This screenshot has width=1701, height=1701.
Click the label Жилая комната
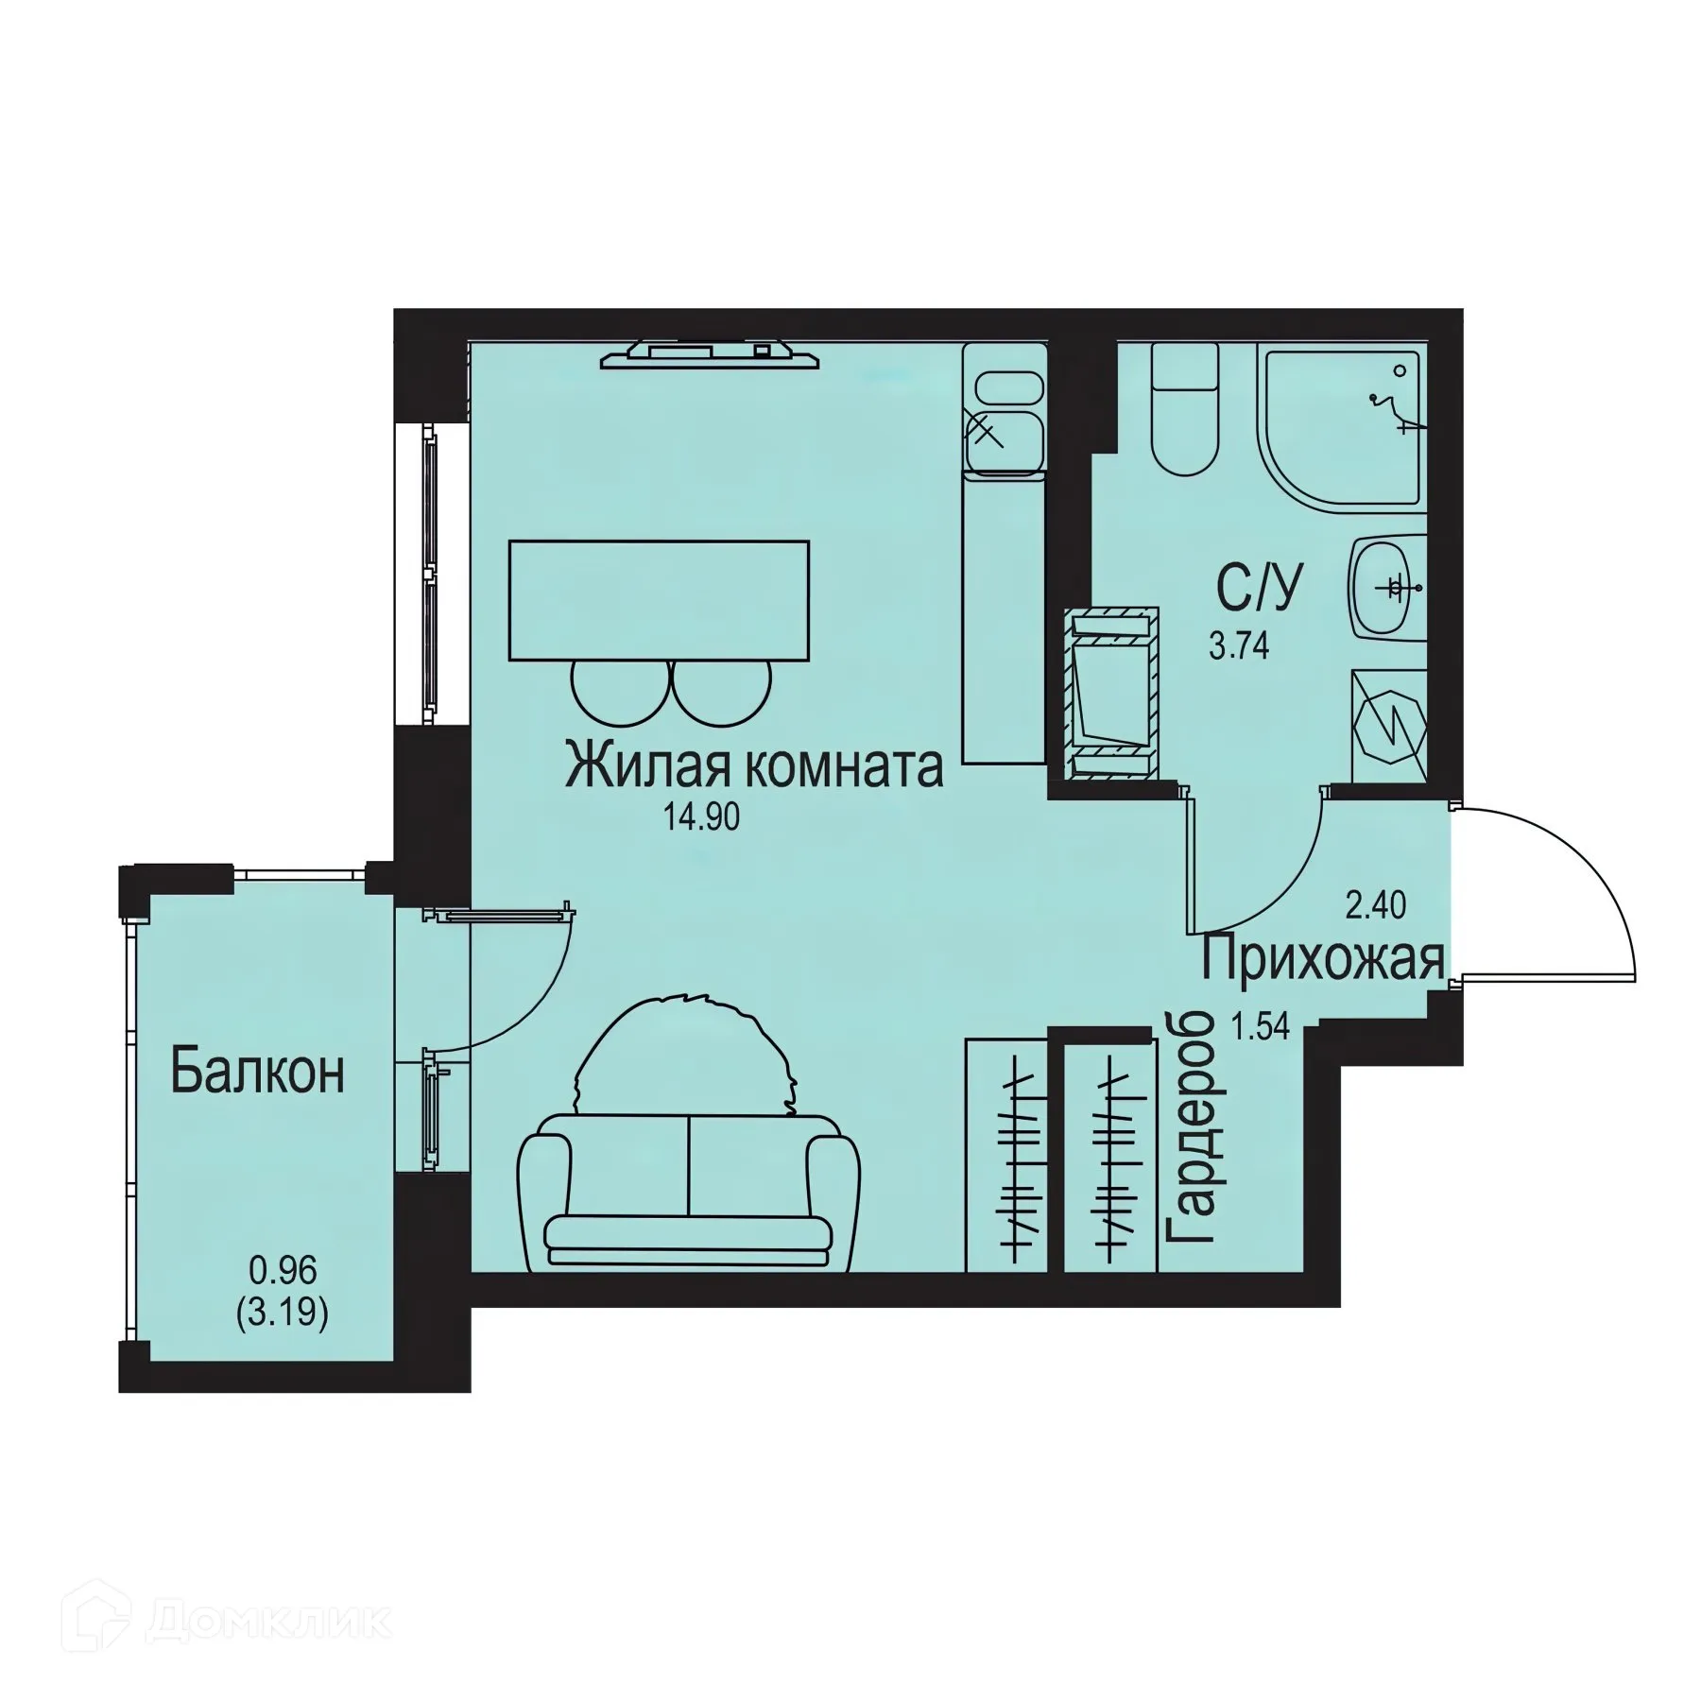753,766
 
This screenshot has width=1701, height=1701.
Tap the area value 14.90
701,817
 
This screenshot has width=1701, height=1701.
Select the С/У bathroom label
1259,587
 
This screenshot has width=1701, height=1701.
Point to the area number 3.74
1239,647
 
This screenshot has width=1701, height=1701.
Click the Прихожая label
1323,960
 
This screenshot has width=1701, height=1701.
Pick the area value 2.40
1376,906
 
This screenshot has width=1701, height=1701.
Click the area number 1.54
1261,1026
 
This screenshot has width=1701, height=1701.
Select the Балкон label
257,1073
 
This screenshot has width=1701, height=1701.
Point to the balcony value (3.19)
282,1314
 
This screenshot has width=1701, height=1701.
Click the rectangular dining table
659,600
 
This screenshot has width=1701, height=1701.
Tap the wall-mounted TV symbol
709,354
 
